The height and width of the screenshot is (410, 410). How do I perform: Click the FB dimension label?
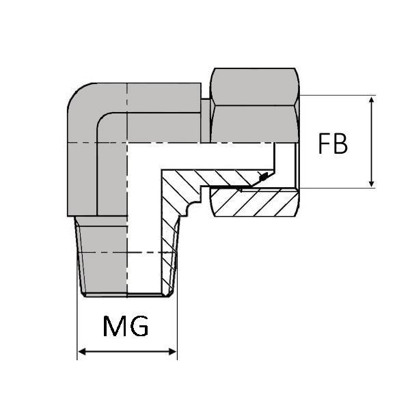point(333,144)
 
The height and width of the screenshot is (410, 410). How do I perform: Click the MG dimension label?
point(126,327)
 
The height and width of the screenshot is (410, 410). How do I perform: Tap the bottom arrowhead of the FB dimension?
point(371,182)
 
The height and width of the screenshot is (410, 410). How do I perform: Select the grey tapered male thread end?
point(102,256)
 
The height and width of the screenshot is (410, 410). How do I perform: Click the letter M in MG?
point(115,327)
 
